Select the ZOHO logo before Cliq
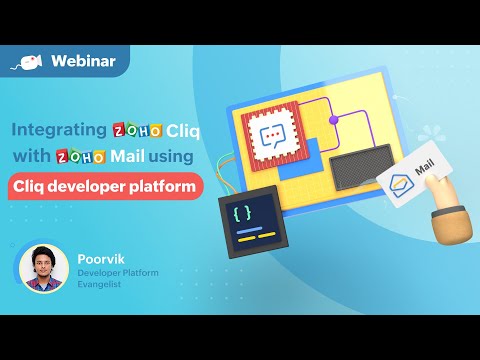click(x=141, y=130)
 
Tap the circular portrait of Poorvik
click(x=44, y=269)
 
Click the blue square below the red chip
click(x=301, y=164)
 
